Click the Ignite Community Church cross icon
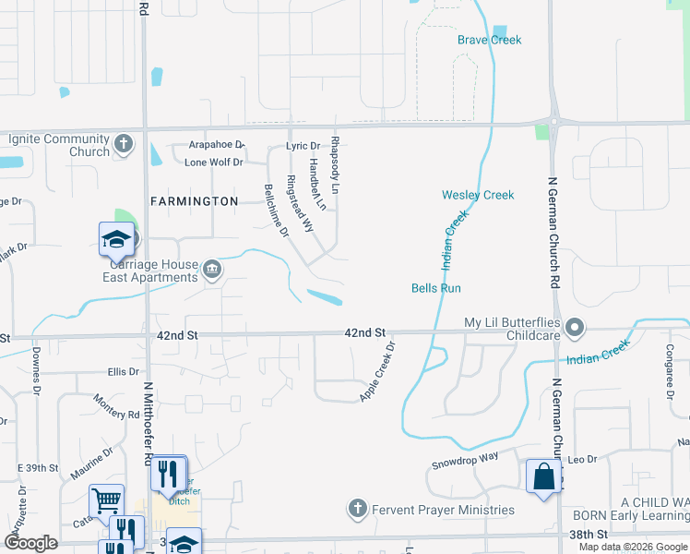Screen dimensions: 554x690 (x=125, y=145)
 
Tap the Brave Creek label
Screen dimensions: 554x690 (x=489, y=40)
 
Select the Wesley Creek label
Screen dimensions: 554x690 (x=477, y=195)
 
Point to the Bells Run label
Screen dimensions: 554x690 (x=435, y=288)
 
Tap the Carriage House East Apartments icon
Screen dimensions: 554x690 (x=212, y=270)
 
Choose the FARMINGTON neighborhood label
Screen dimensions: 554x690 (x=195, y=200)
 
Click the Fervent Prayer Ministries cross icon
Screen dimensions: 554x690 (x=358, y=509)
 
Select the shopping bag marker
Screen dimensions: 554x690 (x=543, y=477)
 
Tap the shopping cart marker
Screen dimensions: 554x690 (x=106, y=500)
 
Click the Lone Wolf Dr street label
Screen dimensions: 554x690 (x=213, y=163)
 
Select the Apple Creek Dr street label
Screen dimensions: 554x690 (x=377, y=372)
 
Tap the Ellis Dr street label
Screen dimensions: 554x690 (x=122, y=372)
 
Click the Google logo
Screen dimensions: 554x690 (x=30, y=543)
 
